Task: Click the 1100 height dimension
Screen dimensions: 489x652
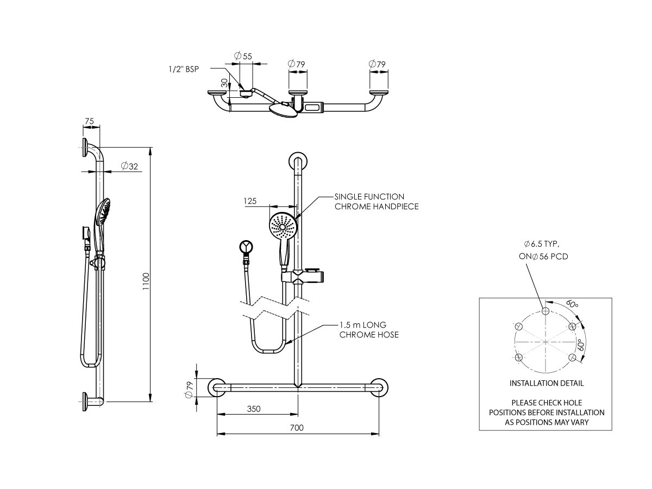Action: (x=146, y=281)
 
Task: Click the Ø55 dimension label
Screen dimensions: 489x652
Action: (x=243, y=56)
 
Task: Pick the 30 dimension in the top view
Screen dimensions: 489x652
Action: (x=223, y=83)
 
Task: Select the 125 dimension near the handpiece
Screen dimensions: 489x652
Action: (x=250, y=201)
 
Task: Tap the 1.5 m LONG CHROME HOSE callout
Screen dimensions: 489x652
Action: (x=369, y=330)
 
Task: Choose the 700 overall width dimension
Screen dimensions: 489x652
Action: (x=296, y=428)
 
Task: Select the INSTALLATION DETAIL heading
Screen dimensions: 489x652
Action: (x=547, y=383)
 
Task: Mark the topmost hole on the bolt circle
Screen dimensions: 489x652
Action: (x=546, y=311)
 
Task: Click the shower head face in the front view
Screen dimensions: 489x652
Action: (x=283, y=227)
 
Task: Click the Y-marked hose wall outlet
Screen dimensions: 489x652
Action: (x=247, y=247)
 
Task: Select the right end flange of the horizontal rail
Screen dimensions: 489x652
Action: (x=380, y=388)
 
